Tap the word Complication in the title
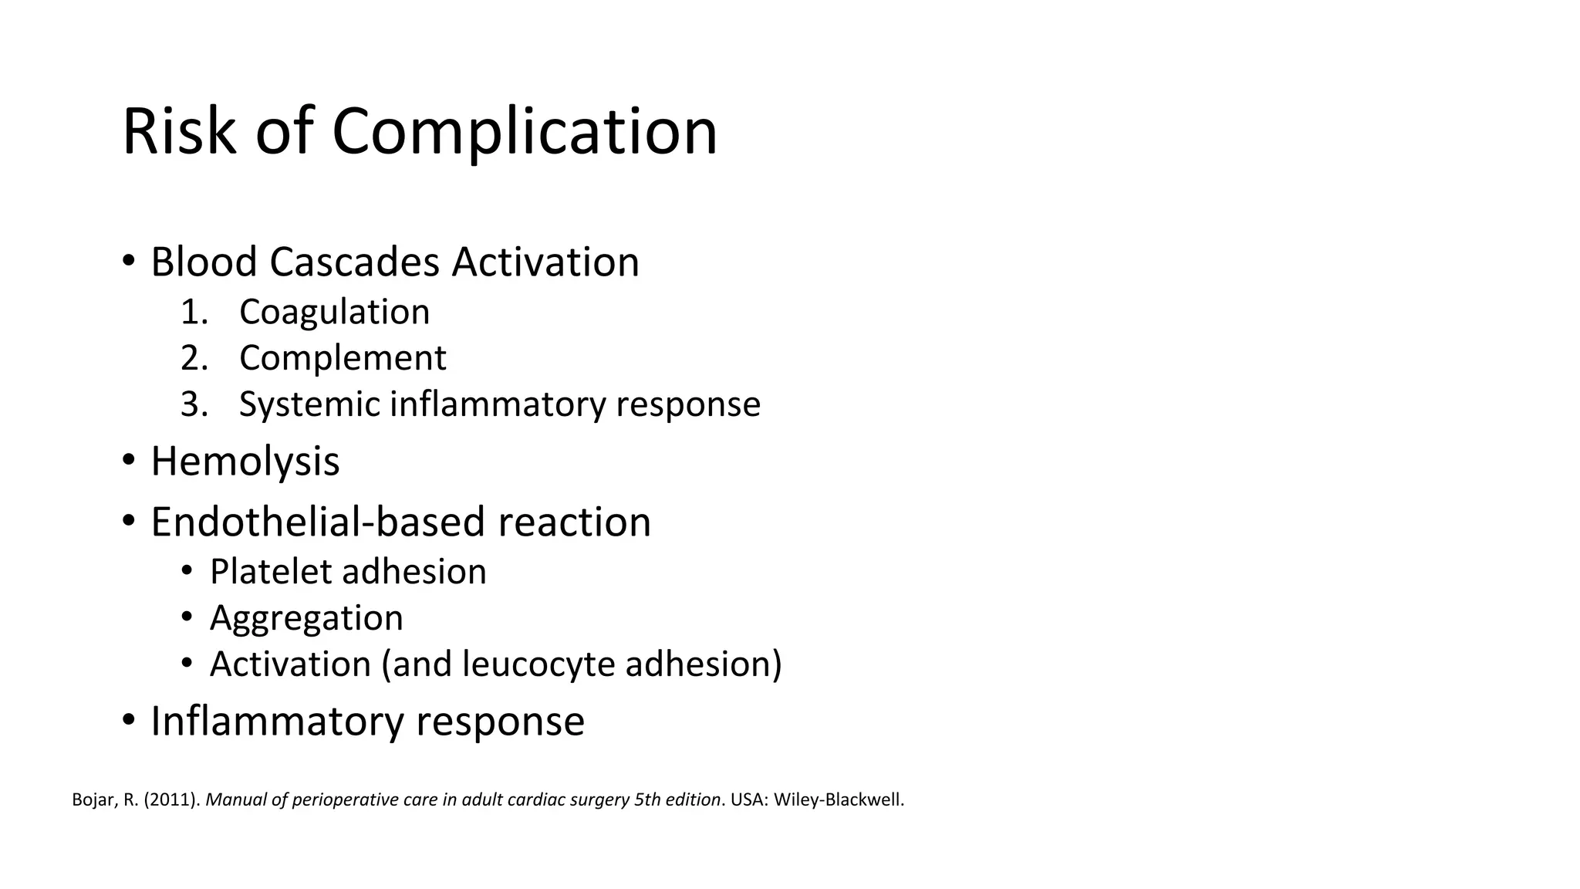click(525, 133)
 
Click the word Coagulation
click(334, 313)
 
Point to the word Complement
click(343, 359)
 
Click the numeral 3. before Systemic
click(194, 404)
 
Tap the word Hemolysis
click(245, 462)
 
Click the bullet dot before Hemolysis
click(129, 461)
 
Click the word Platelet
click(270, 572)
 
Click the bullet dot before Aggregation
click(187, 617)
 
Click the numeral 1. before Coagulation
click(194, 313)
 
